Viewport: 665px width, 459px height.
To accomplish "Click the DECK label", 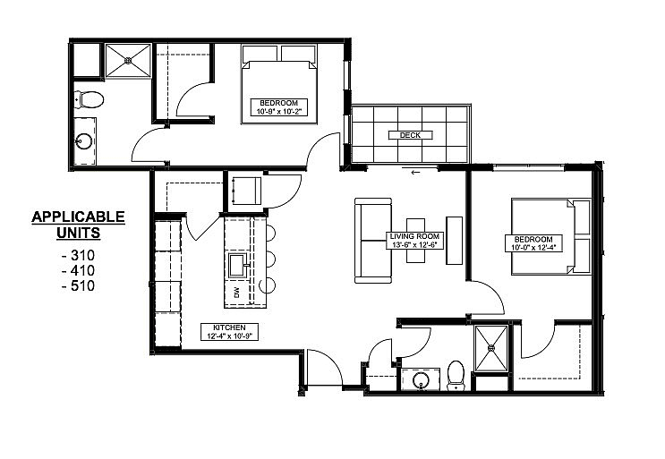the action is coord(410,135).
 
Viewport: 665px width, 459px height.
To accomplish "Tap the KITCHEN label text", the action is coord(229,327).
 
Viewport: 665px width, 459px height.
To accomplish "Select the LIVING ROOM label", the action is coord(414,236).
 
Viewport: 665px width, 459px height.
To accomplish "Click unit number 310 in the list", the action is coord(78,255).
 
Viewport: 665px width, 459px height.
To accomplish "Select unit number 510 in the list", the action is coord(78,285).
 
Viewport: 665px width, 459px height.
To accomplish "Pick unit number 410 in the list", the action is coord(78,270).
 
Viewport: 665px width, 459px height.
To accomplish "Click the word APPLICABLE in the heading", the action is coord(78,217).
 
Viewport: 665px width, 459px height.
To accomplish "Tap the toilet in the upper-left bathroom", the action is coord(90,100).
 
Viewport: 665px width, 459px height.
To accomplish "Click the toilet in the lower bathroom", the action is coord(456,376).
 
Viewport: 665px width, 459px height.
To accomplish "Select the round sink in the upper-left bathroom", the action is coord(83,141).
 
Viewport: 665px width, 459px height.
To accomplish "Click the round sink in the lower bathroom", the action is coord(421,378).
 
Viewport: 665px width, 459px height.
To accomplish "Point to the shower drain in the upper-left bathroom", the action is coord(128,61).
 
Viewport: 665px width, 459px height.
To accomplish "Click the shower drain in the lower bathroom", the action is coord(491,348).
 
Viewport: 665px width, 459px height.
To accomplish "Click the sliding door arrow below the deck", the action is coord(415,173).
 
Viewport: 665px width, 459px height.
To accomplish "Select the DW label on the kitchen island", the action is coord(236,293).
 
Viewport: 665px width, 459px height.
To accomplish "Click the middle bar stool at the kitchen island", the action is coord(270,259).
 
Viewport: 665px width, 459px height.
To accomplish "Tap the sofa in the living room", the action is coord(373,241).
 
